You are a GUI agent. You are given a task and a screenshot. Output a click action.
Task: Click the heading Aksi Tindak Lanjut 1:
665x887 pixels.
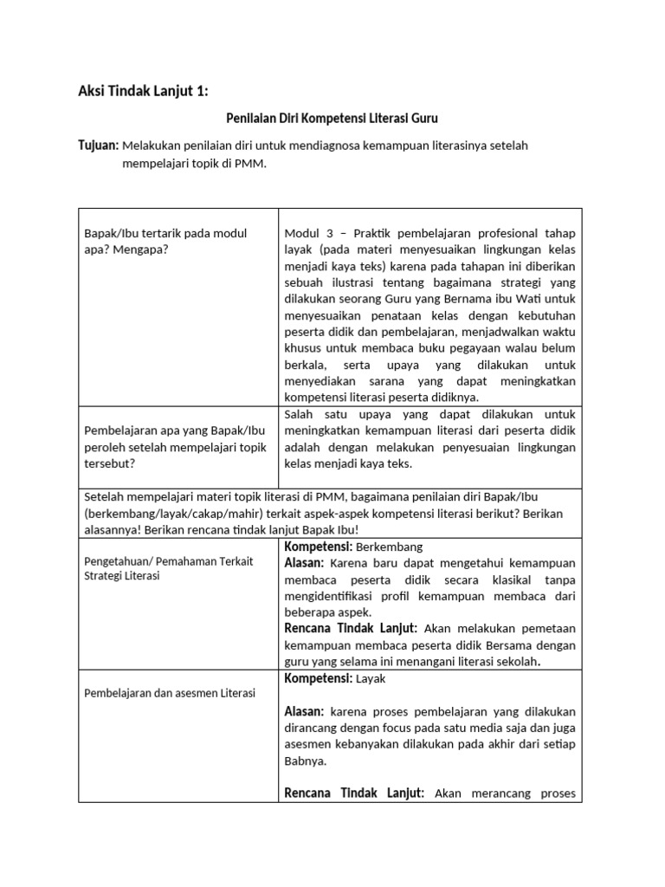143,92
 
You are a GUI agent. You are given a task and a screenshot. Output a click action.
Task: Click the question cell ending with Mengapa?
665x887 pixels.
165,241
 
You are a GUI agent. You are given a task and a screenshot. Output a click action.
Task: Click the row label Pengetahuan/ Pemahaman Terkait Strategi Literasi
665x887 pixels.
169,568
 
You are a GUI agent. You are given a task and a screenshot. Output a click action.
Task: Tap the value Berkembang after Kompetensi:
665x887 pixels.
389,547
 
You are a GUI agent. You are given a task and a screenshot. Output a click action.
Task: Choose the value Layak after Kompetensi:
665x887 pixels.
371,679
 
